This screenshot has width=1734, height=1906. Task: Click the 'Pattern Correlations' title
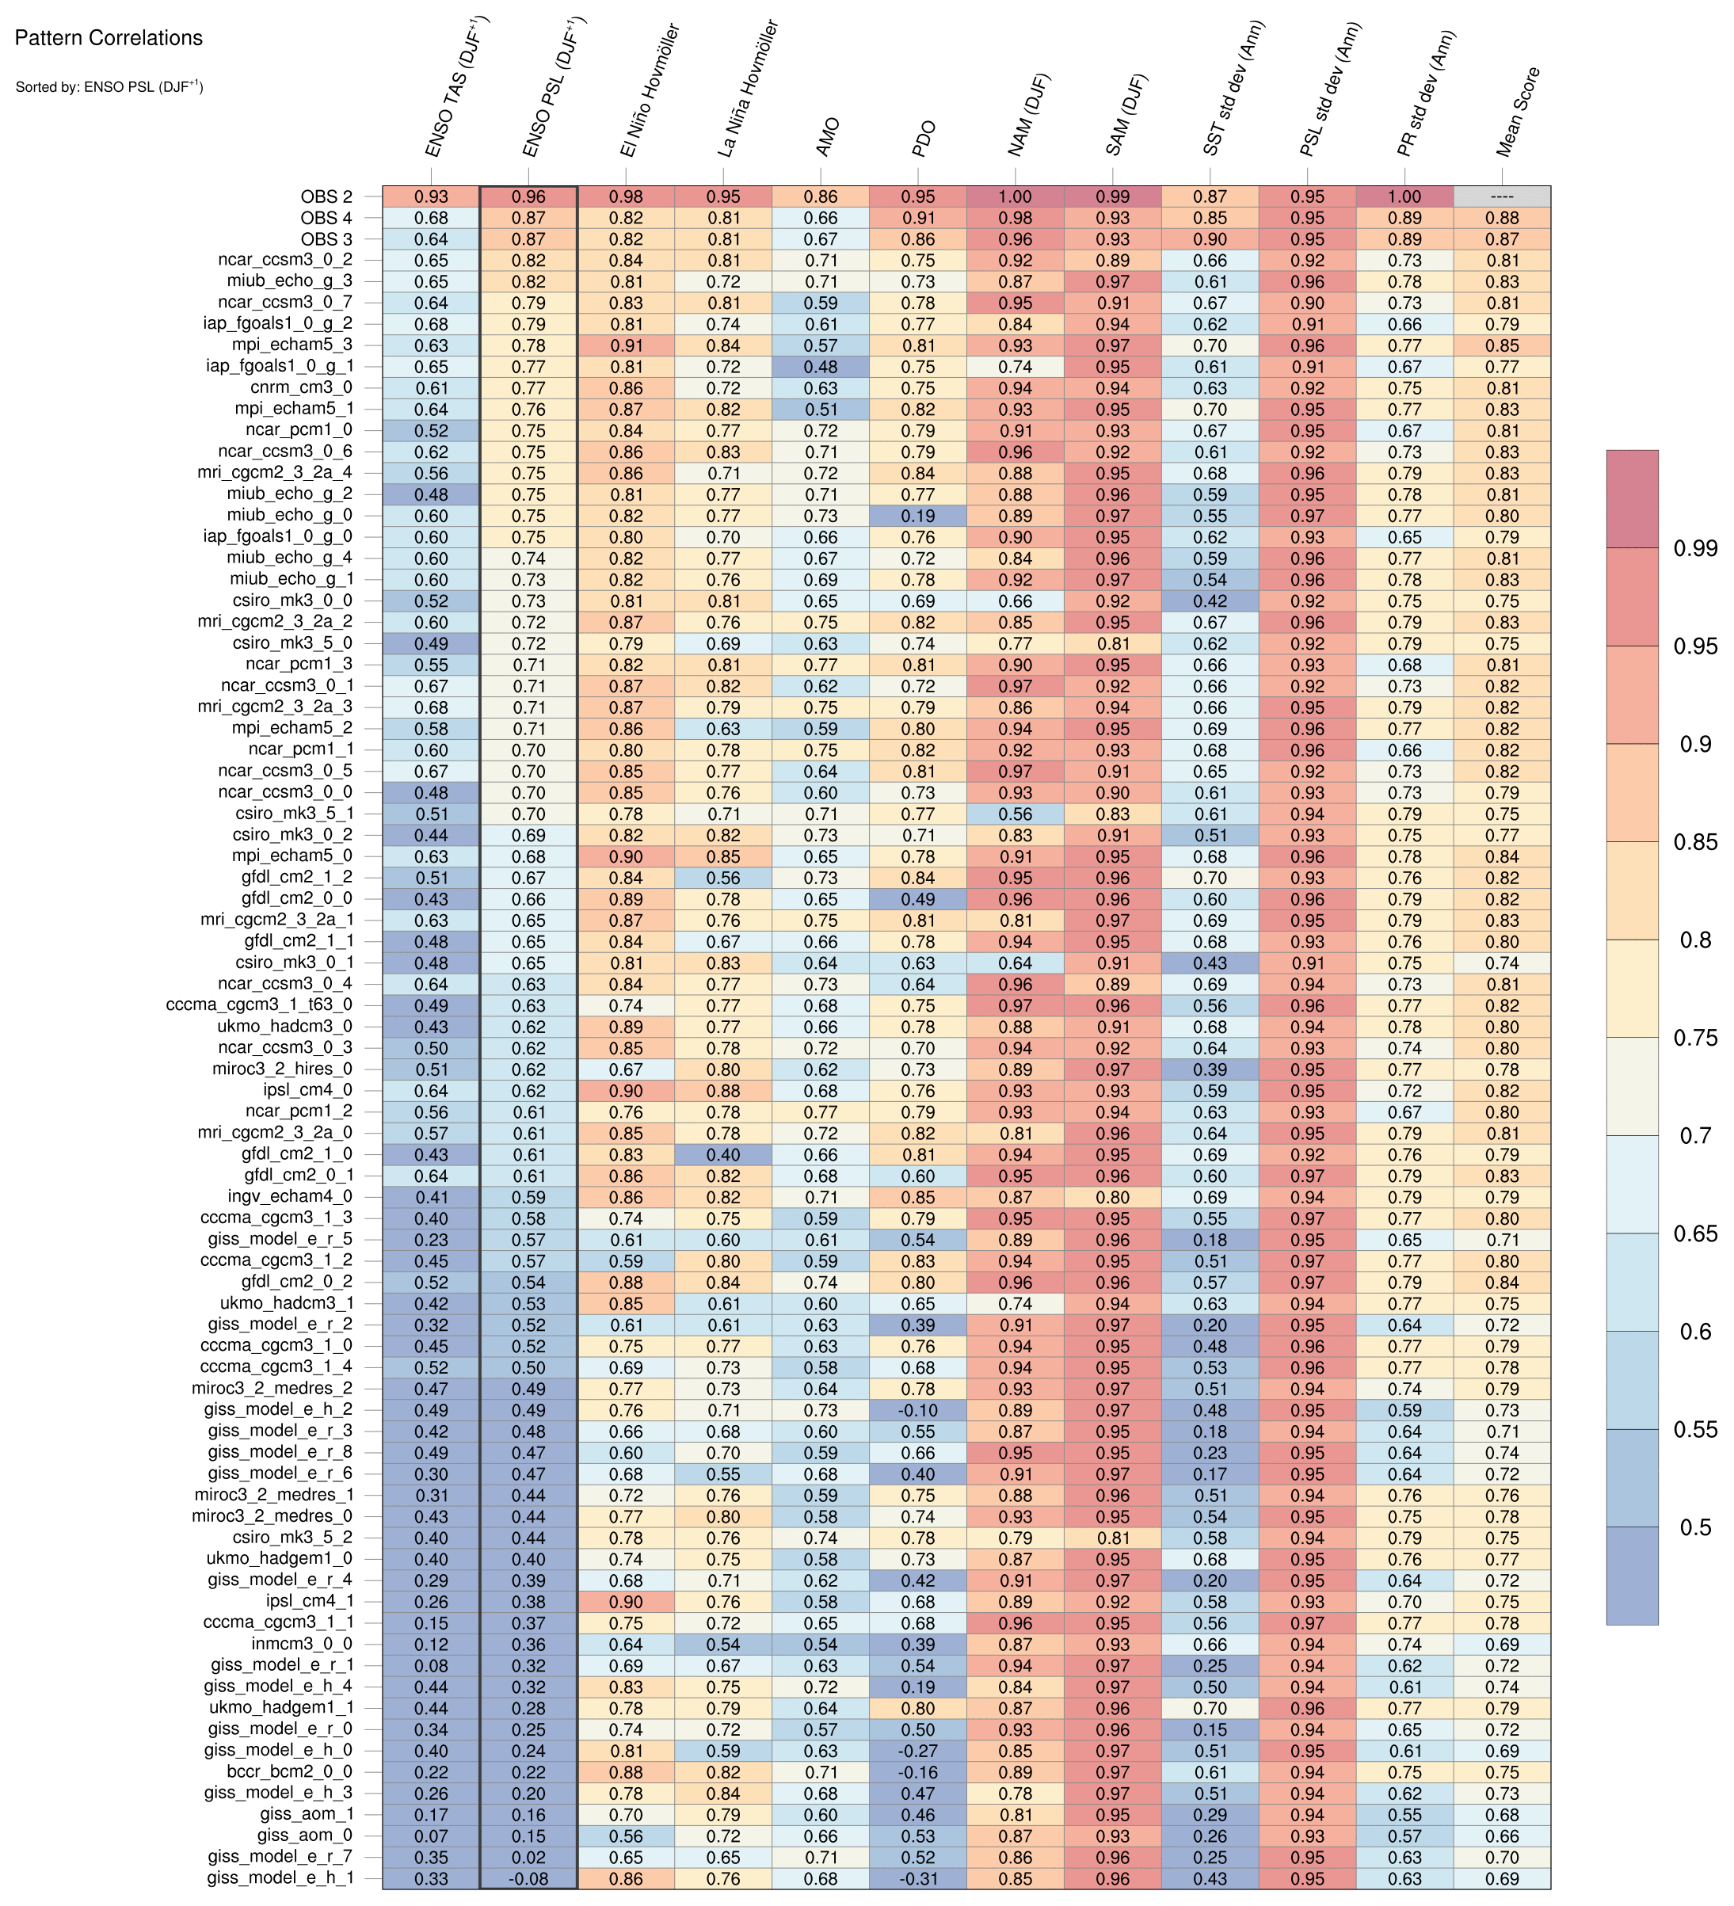[109, 39]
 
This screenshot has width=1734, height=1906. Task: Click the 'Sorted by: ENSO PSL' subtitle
[109, 87]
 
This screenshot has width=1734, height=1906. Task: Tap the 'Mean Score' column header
[1519, 113]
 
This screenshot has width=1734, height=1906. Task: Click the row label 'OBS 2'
[326, 196]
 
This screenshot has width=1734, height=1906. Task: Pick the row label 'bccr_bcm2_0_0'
[289, 1772]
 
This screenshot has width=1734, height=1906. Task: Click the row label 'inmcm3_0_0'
[303, 1644]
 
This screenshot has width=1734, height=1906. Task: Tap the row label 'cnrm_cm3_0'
[302, 387]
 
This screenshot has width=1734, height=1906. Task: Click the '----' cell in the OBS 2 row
[1501, 196]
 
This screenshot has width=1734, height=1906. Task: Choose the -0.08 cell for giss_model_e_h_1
[528, 1878]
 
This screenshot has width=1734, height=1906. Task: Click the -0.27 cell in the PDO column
[918, 1751]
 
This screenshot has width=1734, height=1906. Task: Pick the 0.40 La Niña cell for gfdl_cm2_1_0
[723, 1154]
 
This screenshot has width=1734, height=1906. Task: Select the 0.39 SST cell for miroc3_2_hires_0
[1210, 1069]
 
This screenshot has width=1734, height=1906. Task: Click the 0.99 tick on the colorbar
[1695, 547]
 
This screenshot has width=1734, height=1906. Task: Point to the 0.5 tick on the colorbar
[1695, 1527]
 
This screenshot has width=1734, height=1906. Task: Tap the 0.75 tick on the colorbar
[1695, 1037]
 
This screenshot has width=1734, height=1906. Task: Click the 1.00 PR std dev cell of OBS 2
[1404, 196]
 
